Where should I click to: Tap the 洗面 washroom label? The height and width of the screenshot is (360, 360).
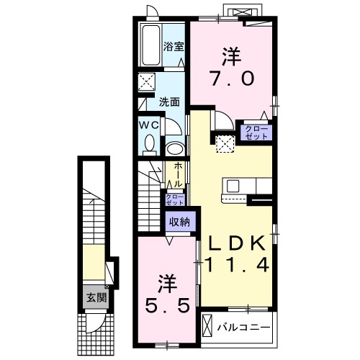169,102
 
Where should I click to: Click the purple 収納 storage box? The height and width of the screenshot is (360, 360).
179,222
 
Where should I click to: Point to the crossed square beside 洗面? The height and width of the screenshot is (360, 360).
146,81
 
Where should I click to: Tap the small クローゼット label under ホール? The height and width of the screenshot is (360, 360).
175,199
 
